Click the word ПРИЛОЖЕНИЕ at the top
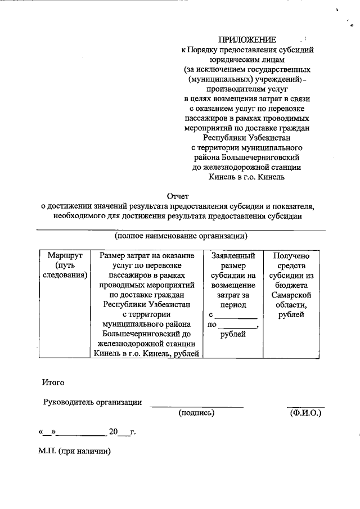tap(247, 40)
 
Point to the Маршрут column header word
tap(65, 255)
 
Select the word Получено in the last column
tap(291, 255)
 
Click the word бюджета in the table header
tap(291, 285)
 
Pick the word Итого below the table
tap(53, 382)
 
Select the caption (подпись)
tap(196, 413)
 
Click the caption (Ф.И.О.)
tap(305, 413)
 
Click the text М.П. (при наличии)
tap(75, 451)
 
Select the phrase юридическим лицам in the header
tap(247, 59)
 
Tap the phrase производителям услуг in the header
tap(247, 89)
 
